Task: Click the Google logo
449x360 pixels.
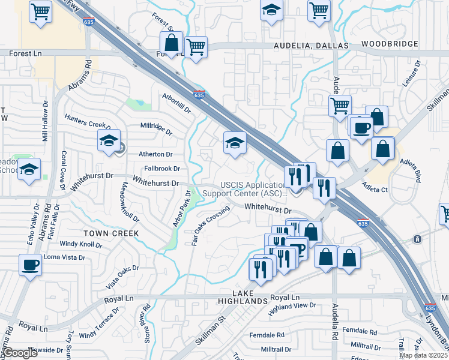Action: point(20,353)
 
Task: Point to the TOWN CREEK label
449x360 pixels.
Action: point(111,233)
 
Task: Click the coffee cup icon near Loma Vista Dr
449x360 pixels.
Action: point(29,264)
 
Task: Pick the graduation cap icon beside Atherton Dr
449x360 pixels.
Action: point(109,141)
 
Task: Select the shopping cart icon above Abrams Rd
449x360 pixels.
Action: point(40,11)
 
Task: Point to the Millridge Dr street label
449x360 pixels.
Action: point(155,128)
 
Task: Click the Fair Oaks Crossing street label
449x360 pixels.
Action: point(210,226)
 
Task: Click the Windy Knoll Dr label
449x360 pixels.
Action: point(80,244)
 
